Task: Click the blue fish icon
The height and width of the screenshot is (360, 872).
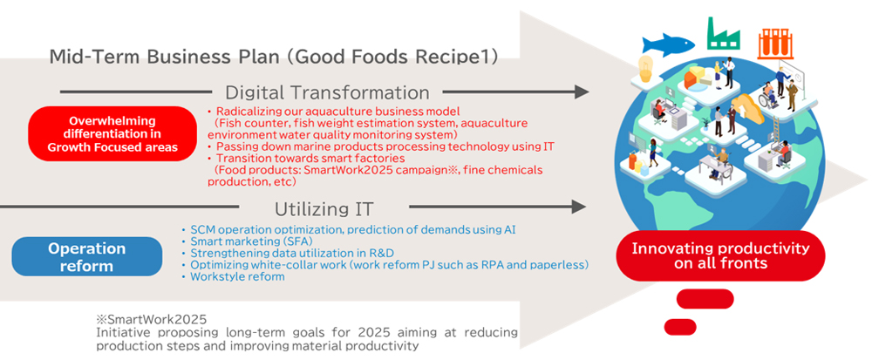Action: coord(668,44)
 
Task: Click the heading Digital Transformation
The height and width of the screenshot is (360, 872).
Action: coord(327,92)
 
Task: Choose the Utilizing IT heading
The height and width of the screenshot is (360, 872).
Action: coord(324,209)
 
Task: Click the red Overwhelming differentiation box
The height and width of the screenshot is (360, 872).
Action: coord(112,134)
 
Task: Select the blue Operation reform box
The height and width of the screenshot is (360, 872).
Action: coord(86,256)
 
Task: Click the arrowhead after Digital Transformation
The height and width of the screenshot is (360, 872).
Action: coord(582,92)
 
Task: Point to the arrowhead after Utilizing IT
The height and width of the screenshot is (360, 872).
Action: coord(579,207)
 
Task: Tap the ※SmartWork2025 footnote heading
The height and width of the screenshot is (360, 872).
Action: coord(151,321)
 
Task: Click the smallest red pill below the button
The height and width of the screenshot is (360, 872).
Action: coord(680,327)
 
